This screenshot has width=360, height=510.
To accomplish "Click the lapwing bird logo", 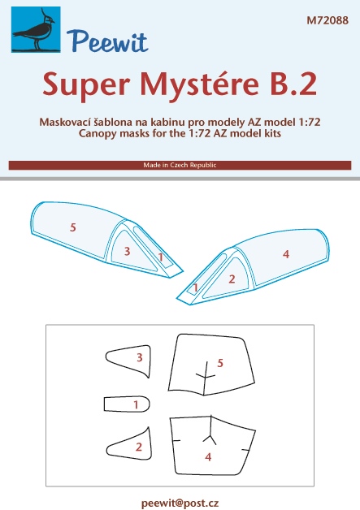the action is (36, 29).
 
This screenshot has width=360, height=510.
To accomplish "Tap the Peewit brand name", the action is (107, 41).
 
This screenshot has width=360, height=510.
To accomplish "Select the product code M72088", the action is (327, 20).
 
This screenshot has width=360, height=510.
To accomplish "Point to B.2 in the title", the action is (293, 84).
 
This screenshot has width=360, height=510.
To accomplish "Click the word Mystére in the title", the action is (200, 84).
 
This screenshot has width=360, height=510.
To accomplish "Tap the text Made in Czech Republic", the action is (180, 165).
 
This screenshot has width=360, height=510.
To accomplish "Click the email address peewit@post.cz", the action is (180, 503).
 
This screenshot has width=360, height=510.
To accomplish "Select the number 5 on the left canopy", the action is (73, 227).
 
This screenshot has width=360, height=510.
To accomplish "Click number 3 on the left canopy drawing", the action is (127, 251).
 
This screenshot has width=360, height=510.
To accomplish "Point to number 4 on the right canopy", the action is (286, 254).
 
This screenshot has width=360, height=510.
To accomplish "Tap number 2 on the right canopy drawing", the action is (232, 279).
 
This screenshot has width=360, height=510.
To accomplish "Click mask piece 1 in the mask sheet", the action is (127, 404).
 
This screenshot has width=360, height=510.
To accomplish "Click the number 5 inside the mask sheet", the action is (220, 363).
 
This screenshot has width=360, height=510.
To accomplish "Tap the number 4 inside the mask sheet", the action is (208, 457).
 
